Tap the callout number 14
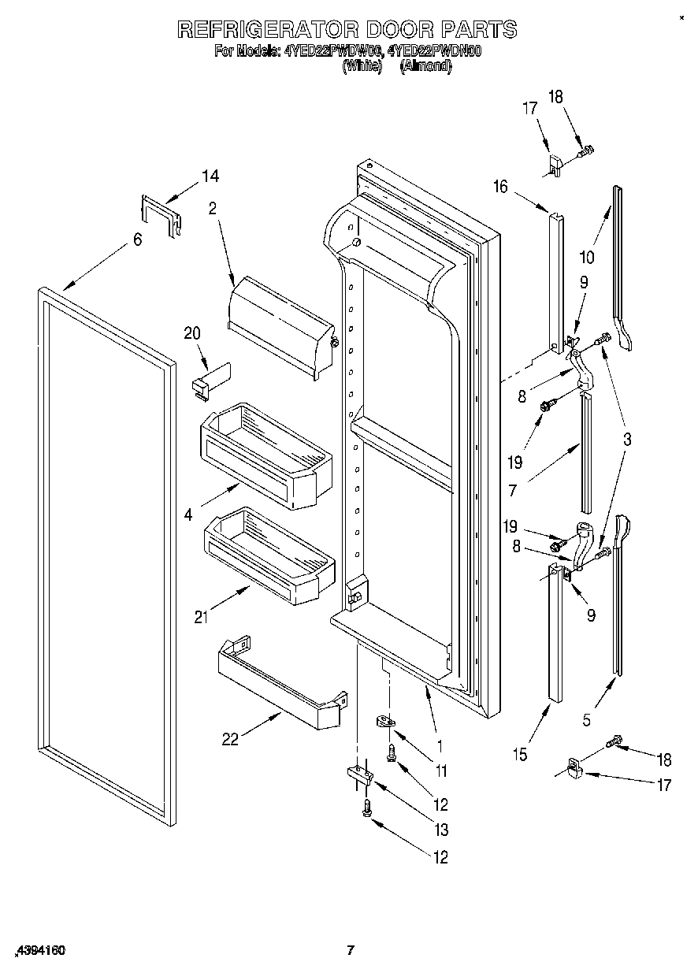210,176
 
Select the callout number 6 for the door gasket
137,240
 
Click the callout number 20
192,333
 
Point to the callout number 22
229,739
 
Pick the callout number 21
202,617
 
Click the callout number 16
501,186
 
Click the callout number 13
440,830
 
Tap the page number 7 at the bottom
352,950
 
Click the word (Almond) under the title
425,68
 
